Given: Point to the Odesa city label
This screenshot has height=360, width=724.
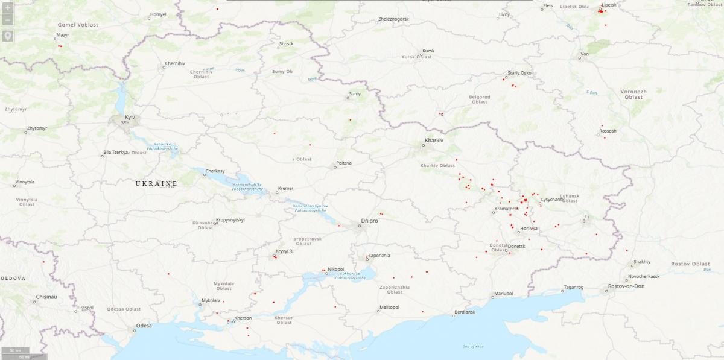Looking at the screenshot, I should pos(144,326).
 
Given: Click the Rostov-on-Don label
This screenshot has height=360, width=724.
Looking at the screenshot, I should pos(627,286).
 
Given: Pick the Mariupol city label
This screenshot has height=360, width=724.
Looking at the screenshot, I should pos(503,294).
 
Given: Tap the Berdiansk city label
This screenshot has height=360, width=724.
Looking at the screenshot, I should pos(464,312).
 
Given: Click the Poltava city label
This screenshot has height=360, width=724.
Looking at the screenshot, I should pos(343,163).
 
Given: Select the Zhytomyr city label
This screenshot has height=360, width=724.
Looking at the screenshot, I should pos(36,128).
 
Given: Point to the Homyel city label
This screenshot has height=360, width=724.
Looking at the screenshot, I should pos(157,14).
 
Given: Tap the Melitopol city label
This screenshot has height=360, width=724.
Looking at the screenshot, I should pos(389,307).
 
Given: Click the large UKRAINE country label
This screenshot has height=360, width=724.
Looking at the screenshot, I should pos(156,183).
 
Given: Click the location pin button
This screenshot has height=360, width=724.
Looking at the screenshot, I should pos(7,36).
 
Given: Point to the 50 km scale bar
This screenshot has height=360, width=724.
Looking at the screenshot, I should pos(14,351).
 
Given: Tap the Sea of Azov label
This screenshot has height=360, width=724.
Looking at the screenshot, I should pos(474,346).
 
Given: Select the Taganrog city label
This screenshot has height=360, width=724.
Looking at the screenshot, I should pos(573,288).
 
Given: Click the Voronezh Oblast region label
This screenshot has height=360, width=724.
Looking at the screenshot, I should pos(634,94).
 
